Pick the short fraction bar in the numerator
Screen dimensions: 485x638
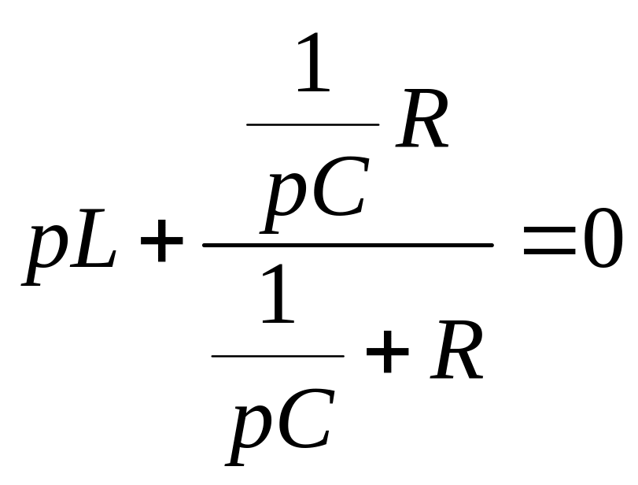pyautogui.click(x=312, y=124)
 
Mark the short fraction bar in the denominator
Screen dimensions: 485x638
pyautogui.click(x=277, y=355)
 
